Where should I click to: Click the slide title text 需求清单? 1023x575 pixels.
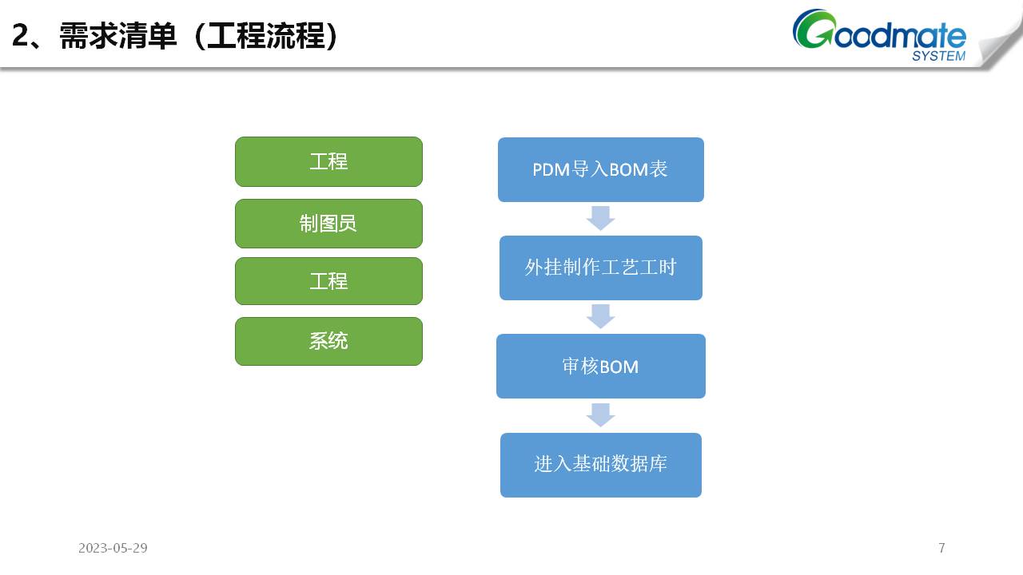point(117,37)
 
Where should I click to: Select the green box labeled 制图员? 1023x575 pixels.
point(328,224)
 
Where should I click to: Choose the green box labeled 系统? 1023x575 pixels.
point(328,341)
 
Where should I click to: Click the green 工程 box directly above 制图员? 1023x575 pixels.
point(328,161)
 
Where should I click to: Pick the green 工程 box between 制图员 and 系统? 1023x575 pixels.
point(328,281)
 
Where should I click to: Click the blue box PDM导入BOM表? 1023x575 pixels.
point(600,169)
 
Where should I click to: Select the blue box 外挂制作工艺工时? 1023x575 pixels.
point(600,268)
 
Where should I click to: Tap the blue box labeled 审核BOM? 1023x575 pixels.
point(600,366)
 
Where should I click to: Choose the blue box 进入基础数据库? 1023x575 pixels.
point(600,465)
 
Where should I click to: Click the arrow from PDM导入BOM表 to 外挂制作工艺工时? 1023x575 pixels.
point(600,218)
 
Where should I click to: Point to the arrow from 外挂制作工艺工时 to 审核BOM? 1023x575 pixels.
point(600,316)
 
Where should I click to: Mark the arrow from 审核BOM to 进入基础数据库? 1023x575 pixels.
point(600,415)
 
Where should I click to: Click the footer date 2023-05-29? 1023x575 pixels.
point(113,548)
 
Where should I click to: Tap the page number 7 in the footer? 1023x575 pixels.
point(941,548)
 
